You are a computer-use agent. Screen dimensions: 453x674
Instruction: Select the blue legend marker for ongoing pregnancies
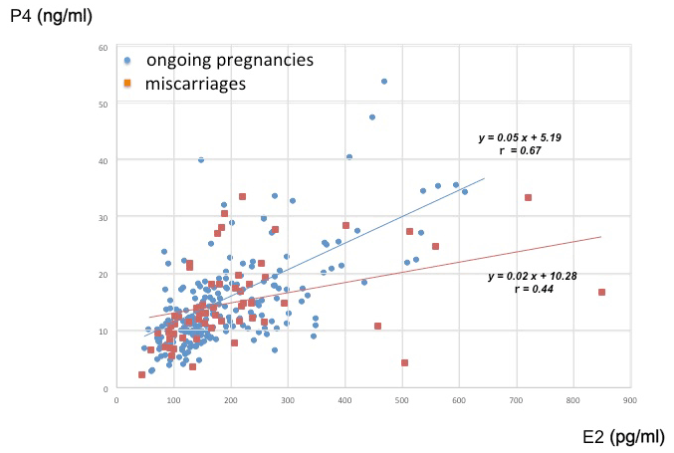click(126, 61)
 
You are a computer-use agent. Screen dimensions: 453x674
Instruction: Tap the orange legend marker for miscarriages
click(126, 84)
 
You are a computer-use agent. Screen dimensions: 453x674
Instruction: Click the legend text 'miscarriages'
click(195, 84)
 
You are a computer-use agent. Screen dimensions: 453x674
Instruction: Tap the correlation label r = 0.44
click(534, 289)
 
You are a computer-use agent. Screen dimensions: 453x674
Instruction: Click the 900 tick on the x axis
click(629, 399)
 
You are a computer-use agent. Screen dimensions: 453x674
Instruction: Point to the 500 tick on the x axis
click(401, 399)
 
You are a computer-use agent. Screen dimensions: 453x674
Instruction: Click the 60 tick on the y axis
click(103, 48)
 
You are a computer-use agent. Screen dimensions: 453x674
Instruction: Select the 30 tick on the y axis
click(103, 217)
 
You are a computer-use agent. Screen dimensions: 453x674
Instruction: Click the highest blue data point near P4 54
click(384, 82)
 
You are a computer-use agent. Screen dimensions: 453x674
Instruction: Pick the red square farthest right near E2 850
click(601, 292)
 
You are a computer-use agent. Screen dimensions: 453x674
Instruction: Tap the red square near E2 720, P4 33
click(528, 197)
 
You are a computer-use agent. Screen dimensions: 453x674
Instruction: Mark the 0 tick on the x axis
click(116, 399)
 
